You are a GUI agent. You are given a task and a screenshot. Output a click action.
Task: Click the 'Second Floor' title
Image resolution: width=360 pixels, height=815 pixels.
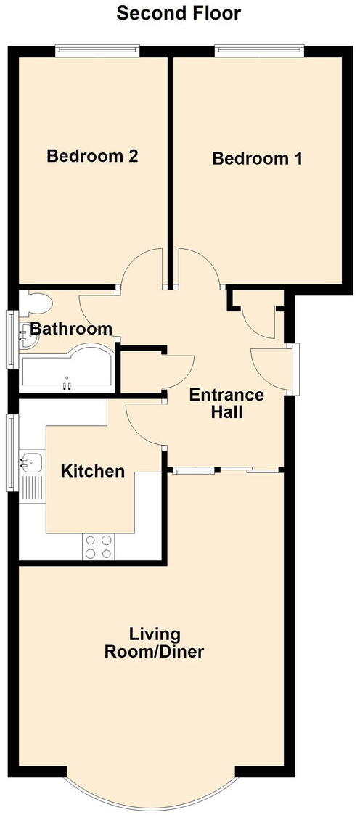(x=179, y=13)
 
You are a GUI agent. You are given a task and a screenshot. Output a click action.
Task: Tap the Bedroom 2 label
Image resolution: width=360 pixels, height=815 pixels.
(x=92, y=156)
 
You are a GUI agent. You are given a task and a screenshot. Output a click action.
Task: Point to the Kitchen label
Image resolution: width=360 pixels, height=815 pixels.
(x=92, y=472)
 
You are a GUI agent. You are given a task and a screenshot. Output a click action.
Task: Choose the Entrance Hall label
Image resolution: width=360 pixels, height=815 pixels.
(x=226, y=404)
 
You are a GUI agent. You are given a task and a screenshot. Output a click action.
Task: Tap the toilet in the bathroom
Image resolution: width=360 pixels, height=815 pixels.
(x=36, y=303)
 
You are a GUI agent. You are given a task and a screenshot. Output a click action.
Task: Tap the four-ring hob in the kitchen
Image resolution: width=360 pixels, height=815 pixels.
(x=99, y=546)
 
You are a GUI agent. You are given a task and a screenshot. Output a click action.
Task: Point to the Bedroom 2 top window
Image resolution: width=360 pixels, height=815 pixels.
(x=99, y=49)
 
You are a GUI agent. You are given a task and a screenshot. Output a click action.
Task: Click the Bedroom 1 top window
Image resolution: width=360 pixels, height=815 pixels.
(x=259, y=49)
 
